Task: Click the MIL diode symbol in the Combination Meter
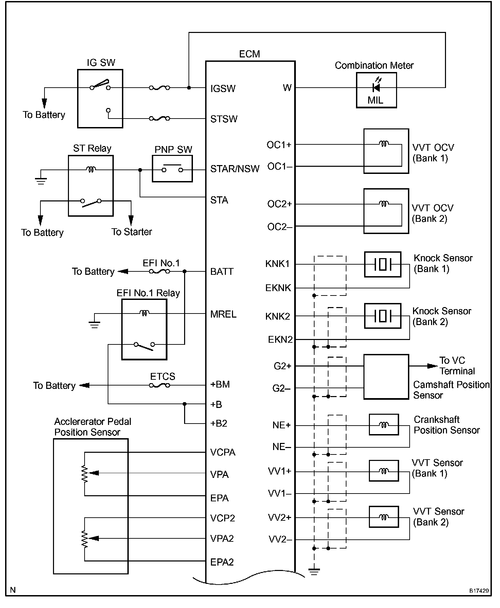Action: coord(376,88)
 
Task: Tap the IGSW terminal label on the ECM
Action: coord(223,89)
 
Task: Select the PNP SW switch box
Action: coord(172,169)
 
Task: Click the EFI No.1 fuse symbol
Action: coord(160,271)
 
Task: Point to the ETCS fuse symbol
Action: coord(160,385)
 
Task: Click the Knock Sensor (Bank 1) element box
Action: coord(382,264)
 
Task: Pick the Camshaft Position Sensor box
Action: coord(386,377)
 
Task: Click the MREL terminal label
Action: coord(223,314)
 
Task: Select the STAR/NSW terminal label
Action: coord(235,169)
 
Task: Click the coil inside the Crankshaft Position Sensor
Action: coord(384,425)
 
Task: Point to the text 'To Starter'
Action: coord(132,232)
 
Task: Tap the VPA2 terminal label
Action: coord(222,539)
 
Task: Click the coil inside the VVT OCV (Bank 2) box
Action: coord(384,204)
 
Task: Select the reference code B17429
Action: coord(479,591)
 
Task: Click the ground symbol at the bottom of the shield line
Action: coord(314,572)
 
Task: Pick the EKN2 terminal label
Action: coord(280,339)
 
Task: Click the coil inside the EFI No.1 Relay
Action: coord(144,313)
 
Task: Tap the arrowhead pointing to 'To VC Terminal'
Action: coord(432,366)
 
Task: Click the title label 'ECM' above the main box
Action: coord(250,54)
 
